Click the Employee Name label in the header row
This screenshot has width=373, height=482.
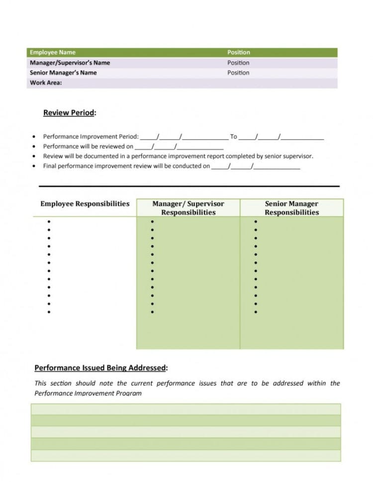pyautogui.click(x=53, y=52)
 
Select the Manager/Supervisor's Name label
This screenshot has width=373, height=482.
pyautogui.click(x=70, y=63)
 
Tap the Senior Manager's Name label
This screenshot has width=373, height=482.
pyautogui.click(x=63, y=73)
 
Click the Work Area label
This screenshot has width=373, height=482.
pyautogui.click(x=46, y=83)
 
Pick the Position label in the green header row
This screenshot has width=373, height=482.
pyautogui.click(x=239, y=52)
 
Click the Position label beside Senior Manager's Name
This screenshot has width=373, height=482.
pyautogui.click(x=239, y=73)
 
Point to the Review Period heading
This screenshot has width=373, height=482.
pyautogui.click(x=69, y=113)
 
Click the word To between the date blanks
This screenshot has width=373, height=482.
pyautogui.click(x=233, y=137)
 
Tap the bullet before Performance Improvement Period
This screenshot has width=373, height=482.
pyautogui.click(x=33, y=137)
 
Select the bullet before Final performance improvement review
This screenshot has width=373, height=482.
pyautogui.click(x=33, y=166)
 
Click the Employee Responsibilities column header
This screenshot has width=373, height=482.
pyautogui.click(x=85, y=204)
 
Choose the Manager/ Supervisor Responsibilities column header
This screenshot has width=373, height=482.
pyautogui.click(x=188, y=208)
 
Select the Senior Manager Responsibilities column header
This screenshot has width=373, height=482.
pyautogui.click(x=291, y=208)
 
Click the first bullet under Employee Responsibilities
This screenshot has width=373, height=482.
pyautogui.click(x=49, y=222)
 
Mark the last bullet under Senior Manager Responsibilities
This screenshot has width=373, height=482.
pyautogui.click(x=256, y=312)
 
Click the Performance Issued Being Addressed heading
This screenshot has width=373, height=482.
pyautogui.click(x=100, y=368)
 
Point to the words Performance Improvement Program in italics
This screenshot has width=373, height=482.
pyautogui.click(x=88, y=393)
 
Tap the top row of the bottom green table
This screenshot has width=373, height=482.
pyautogui.click(x=186, y=409)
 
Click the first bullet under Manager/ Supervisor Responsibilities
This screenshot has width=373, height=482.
pyautogui.click(x=152, y=222)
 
